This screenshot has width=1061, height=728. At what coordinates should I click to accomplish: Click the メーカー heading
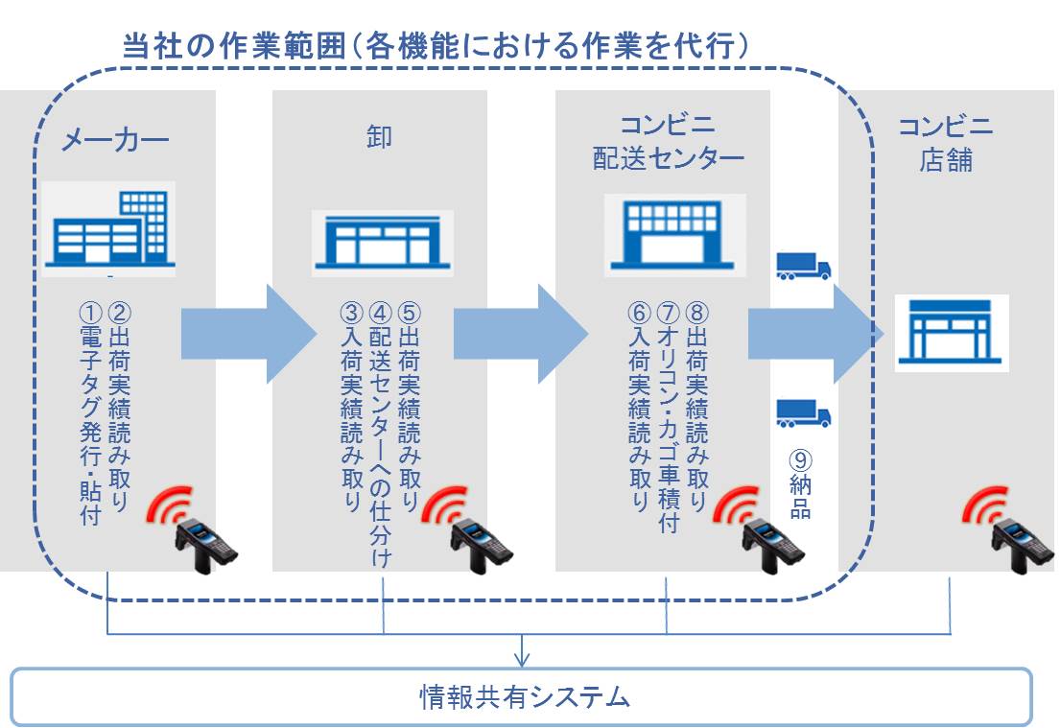click(x=115, y=140)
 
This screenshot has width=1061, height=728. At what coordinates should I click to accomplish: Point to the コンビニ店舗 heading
click(x=945, y=142)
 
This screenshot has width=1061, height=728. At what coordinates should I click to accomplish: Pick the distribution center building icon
click(x=674, y=235)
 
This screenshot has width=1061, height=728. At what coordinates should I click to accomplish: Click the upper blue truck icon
click(x=802, y=266)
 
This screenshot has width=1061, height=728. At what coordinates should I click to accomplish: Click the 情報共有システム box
click(x=523, y=695)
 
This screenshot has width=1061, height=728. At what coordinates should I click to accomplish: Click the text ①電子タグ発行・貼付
click(x=90, y=412)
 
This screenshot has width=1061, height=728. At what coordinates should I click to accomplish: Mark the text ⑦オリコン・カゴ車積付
click(x=668, y=417)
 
